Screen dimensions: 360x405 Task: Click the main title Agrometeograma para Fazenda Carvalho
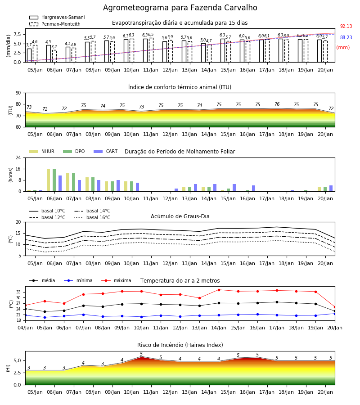(x=180, y=8)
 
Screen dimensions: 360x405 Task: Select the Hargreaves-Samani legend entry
(x=57, y=17)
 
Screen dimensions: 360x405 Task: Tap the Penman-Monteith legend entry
(x=55, y=24)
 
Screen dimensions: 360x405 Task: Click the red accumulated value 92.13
(x=346, y=26)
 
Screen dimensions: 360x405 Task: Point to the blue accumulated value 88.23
(x=346, y=37)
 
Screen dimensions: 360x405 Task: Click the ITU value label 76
(x=277, y=104)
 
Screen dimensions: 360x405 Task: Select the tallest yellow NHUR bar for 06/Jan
(x=48, y=180)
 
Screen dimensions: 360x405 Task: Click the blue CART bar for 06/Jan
(x=60, y=184)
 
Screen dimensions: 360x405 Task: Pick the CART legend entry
(x=106, y=151)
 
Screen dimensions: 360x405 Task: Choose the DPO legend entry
(x=74, y=151)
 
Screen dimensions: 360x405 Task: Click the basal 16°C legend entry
(x=92, y=217)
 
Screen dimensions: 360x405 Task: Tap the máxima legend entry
(x=116, y=280)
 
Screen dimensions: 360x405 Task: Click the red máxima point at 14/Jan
(x=219, y=290)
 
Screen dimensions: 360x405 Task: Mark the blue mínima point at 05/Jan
(x=45, y=317)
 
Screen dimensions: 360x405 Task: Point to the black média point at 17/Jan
(x=277, y=302)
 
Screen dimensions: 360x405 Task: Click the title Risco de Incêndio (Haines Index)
(x=180, y=345)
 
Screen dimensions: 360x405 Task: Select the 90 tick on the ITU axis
(x=18, y=93)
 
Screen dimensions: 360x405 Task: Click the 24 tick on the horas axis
(x=18, y=157)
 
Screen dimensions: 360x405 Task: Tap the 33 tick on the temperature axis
(x=18, y=292)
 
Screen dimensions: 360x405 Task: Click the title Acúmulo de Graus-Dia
(x=180, y=216)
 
